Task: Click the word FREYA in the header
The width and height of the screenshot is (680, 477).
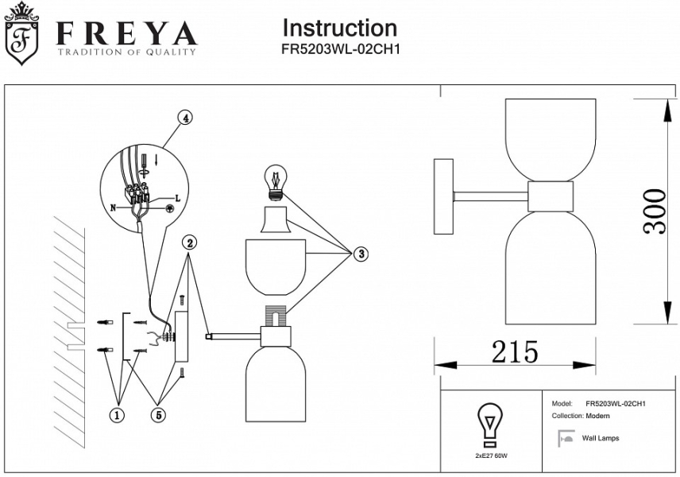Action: click(126, 33)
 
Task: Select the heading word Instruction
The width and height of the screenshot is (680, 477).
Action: click(339, 28)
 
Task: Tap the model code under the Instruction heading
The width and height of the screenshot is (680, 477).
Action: click(339, 49)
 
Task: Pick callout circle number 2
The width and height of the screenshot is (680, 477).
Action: click(190, 242)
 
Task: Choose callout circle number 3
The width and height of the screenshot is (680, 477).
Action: click(361, 254)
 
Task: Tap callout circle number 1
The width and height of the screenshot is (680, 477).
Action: click(118, 414)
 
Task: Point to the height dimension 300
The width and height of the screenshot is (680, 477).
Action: click(655, 211)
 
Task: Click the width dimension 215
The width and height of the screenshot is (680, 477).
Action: click(514, 351)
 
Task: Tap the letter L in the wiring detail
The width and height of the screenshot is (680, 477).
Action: click(177, 197)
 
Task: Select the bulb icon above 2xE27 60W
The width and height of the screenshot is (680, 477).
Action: click(489, 425)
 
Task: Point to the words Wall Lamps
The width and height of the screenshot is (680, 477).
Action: click(601, 438)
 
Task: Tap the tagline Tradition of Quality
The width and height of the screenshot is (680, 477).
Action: click(126, 52)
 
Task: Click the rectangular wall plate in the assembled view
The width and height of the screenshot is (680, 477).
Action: click(442, 196)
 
